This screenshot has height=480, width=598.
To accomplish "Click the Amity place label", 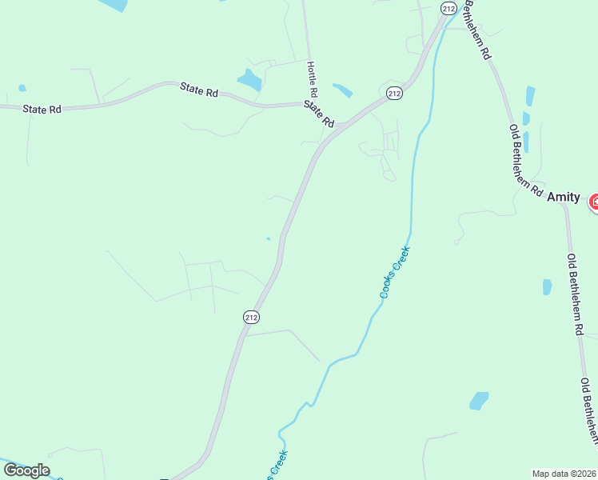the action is coord(564,197).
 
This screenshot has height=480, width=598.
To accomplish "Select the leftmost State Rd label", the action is coord(42,109).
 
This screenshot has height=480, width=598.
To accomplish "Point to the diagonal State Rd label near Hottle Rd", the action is coord(318,114).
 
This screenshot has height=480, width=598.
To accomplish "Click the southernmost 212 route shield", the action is coord(251,317).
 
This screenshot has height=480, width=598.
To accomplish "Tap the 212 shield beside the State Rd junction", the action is coord(393,93).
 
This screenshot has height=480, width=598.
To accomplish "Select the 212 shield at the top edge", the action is coord(448,7).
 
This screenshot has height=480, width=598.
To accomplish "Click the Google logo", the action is coord(26,470).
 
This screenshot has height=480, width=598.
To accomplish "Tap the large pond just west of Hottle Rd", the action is coord(249,79).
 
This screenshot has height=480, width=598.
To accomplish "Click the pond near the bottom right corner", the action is coord(479,400).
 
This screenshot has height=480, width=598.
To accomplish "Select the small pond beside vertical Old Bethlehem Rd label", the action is coord(547,286).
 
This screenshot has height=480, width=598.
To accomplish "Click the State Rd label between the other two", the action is coord(199,92).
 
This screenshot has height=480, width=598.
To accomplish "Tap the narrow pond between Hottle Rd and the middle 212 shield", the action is coord(342,90).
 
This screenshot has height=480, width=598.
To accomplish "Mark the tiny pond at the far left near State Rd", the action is coord(22,88).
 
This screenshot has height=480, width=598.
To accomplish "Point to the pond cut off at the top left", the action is coord(113,4).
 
